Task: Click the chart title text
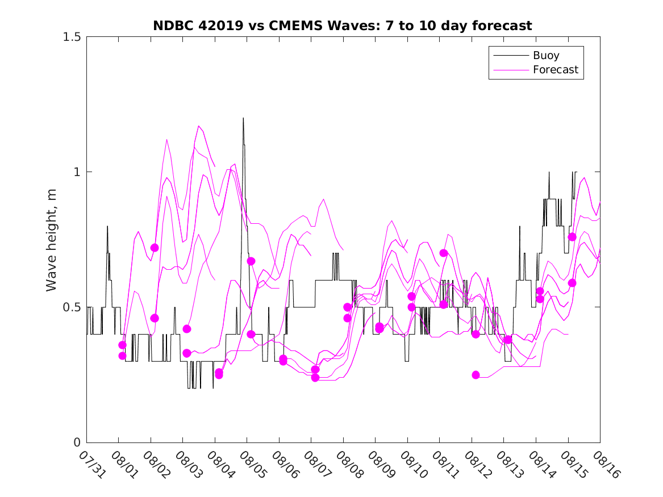click(x=342, y=26)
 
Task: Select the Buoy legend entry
click(x=545, y=56)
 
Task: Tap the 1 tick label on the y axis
click(x=77, y=172)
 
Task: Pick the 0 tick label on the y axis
click(x=77, y=442)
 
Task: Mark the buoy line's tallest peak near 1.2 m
click(x=243, y=118)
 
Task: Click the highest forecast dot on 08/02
click(x=155, y=248)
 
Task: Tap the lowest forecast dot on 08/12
click(x=476, y=375)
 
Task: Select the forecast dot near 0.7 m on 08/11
click(x=444, y=253)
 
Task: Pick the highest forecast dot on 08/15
click(x=572, y=237)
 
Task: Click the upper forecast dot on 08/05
click(x=251, y=261)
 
